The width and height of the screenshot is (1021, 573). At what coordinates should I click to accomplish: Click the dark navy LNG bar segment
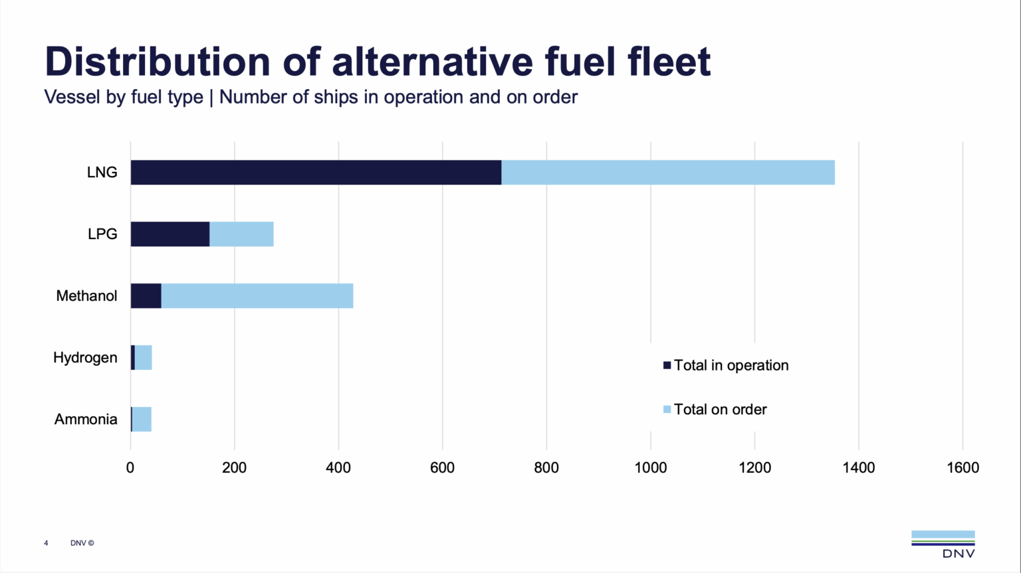click(x=316, y=173)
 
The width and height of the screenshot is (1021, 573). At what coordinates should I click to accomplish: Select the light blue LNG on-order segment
click(x=667, y=173)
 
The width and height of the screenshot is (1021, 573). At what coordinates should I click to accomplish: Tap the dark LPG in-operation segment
click(x=170, y=234)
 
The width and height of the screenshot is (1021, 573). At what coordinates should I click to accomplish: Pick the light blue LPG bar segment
click(x=241, y=234)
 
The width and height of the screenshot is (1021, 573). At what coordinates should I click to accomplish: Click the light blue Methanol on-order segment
click(x=257, y=296)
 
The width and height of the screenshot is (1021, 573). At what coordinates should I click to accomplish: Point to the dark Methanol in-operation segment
click(x=146, y=296)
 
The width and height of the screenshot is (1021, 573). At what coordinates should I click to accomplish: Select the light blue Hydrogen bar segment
click(x=144, y=358)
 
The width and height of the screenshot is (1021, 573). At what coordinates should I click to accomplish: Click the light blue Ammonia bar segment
click(x=142, y=420)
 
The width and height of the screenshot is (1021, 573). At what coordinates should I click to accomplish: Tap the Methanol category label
click(x=86, y=296)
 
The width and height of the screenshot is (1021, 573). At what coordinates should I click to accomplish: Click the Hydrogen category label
click(x=85, y=358)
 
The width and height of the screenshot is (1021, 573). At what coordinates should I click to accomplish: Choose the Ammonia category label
click(x=86, y=420)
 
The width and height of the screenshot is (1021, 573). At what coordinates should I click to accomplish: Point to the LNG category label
click(x=102, y=173)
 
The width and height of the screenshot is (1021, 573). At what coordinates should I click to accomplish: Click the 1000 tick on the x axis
click(x=650, y=468)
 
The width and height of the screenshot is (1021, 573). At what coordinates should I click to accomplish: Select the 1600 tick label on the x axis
click(x=963, y=468)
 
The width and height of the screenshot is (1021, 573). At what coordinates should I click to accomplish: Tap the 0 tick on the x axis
click(x=130, y=468)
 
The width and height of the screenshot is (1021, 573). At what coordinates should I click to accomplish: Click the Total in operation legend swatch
click(x=667, y=365)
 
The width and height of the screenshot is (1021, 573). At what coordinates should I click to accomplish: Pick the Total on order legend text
click(x=720, y=410)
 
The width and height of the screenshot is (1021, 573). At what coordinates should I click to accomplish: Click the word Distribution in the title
click(x=158, y=62)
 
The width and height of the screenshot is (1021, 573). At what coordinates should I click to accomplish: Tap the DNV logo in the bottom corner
click(x=943, y=544)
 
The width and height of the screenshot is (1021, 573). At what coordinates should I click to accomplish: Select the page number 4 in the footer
click(x=46, y=543)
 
